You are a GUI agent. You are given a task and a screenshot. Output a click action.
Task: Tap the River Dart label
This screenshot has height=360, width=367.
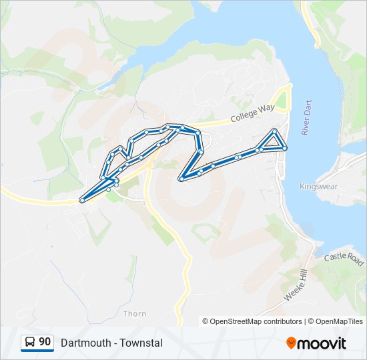pyautogui.click(x=307, y=118)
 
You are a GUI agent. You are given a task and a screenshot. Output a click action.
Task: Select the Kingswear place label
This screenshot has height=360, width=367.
pyautogui.click(x=315, y=186)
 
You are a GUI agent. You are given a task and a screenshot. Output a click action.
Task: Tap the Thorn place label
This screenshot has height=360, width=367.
pyautogui.click(x=135, y=313)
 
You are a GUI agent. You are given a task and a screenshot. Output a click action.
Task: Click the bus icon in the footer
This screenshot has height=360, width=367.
pyautogui.click(x=30, y=342)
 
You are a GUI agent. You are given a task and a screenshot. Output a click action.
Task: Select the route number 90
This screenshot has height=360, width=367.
pyautogui.click(x=45, y=342)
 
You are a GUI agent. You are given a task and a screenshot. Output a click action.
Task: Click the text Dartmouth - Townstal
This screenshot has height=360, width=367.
pyautogui.click(x=111, y=343)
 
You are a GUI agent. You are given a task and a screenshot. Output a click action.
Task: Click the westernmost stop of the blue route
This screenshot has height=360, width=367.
pyautogui.click(x=82, y=200)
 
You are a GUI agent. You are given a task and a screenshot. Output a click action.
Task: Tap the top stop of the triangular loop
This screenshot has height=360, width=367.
pyautogui.click(x=274, y=130)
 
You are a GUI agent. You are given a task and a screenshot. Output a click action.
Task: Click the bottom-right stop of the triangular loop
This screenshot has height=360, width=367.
pyautogui.click(x=285, y=148)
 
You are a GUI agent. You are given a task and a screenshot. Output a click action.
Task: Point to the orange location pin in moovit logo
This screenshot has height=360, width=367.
pyautogui.click(x=291, y=343)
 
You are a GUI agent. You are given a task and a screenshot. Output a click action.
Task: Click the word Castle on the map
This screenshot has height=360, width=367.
pyautogui.click(x=336, y=257)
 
